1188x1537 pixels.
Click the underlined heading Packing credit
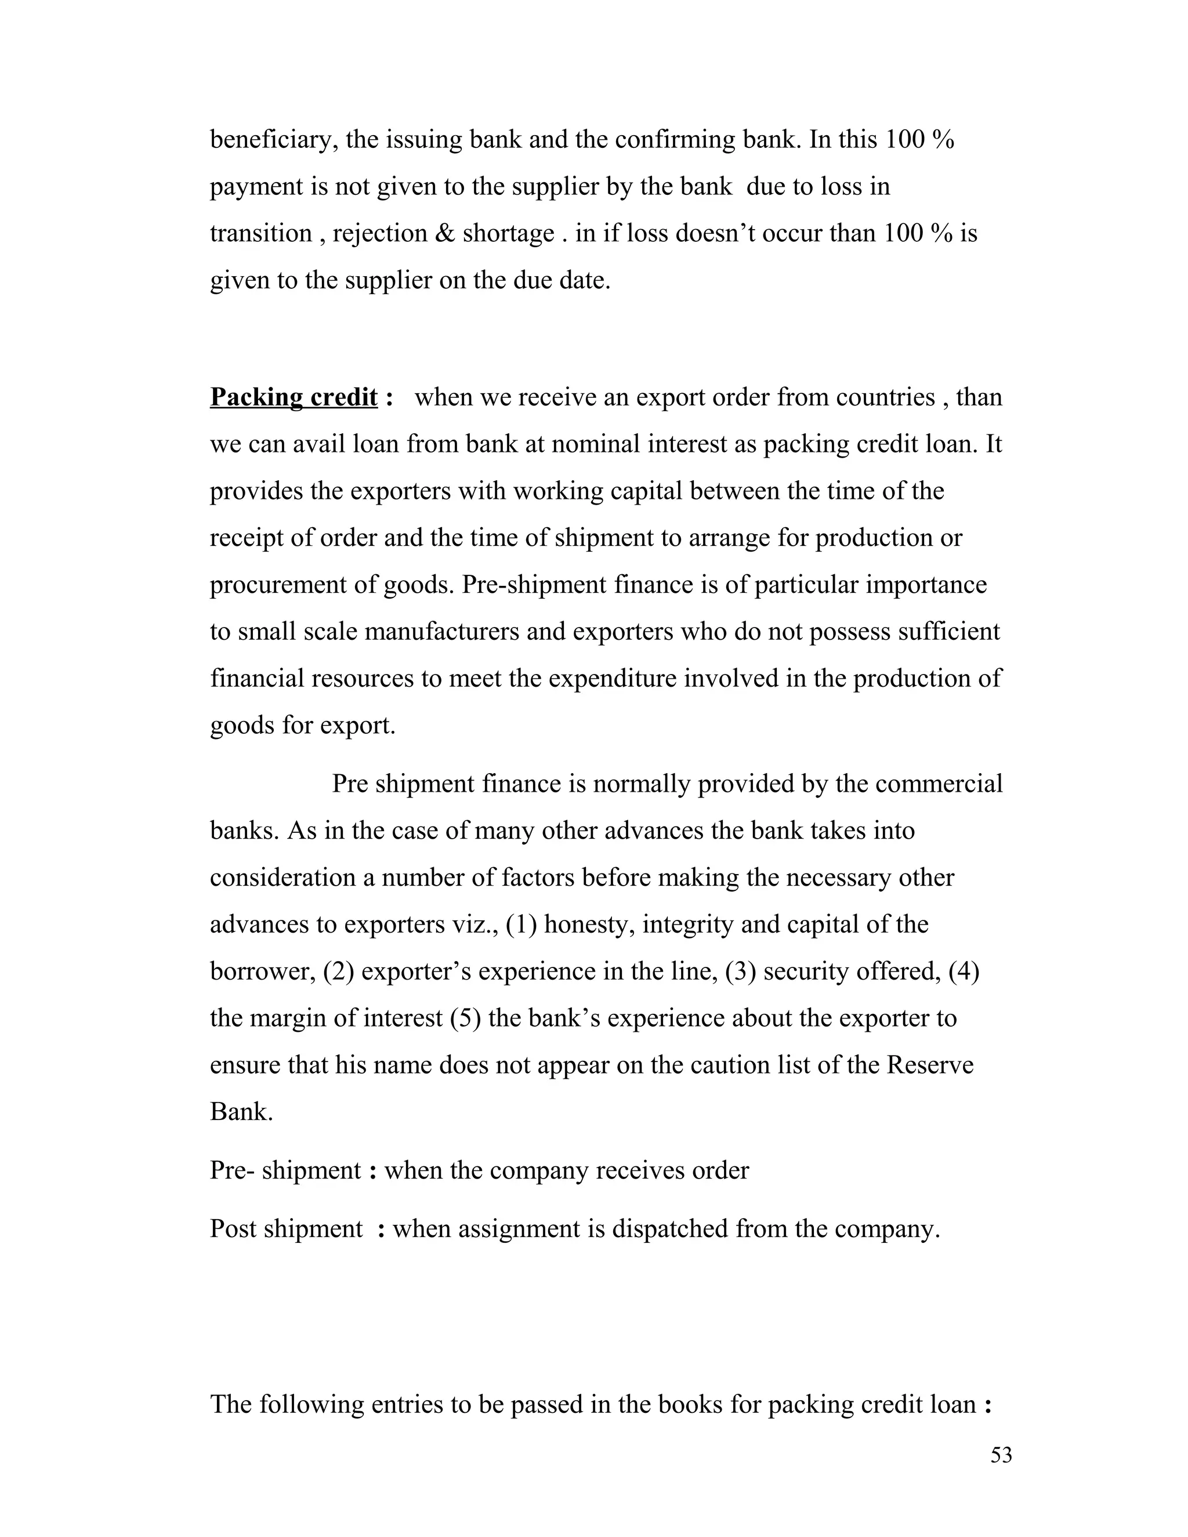pyautogui.click(x=294, y=398)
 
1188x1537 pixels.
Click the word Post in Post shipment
pyautogui.click(x=233, y=1229)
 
